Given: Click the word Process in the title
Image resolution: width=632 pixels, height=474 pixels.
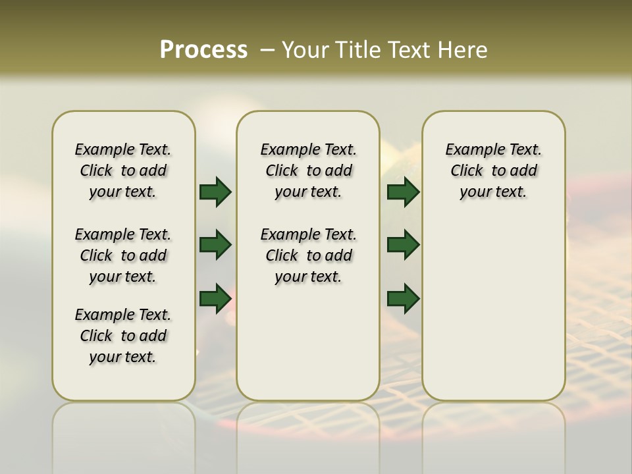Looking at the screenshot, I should pos(203,49).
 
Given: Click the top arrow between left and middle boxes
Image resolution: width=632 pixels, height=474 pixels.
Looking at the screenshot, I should pos(215,192).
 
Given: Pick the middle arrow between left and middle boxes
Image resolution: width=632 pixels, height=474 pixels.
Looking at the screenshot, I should pos(215,245).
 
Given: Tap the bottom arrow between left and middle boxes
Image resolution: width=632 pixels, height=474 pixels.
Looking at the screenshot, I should pos(215,298).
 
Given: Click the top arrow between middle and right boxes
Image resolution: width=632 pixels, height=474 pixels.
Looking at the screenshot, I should pos(403,192).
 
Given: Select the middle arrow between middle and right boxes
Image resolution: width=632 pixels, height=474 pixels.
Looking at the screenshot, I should pos(403,245).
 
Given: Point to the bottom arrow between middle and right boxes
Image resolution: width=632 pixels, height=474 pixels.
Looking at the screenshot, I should pos(403,298).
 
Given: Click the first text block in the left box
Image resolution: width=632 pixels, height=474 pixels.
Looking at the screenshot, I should pos(123,171).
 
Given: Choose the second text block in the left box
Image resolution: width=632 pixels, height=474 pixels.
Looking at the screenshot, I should pos(123,255).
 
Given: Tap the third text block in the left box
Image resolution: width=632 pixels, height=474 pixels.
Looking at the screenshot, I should pos(123,336).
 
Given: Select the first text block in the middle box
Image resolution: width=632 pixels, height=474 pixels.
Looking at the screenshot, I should pos(309,171).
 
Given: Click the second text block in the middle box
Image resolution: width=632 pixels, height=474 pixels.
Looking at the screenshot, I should pos(309,255).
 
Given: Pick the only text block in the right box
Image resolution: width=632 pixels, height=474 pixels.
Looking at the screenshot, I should pos(494,171).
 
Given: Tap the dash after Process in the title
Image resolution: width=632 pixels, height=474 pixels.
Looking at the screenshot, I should pos(267,50).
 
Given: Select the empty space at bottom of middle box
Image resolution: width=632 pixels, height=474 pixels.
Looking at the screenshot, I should pos(308,349).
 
